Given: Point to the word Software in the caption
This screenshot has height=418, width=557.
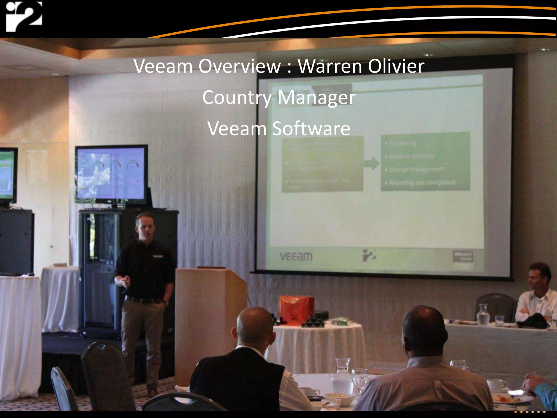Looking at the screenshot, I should coord(311,128).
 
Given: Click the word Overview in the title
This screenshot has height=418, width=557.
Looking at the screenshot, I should coord(239,66).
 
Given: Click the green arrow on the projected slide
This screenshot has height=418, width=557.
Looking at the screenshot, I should coord(372,163).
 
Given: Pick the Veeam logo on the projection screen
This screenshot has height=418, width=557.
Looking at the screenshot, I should coord(296,256).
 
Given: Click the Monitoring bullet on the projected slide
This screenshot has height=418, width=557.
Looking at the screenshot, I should coord(403,143).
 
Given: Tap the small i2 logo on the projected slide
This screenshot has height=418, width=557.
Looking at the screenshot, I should coord(369,255).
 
